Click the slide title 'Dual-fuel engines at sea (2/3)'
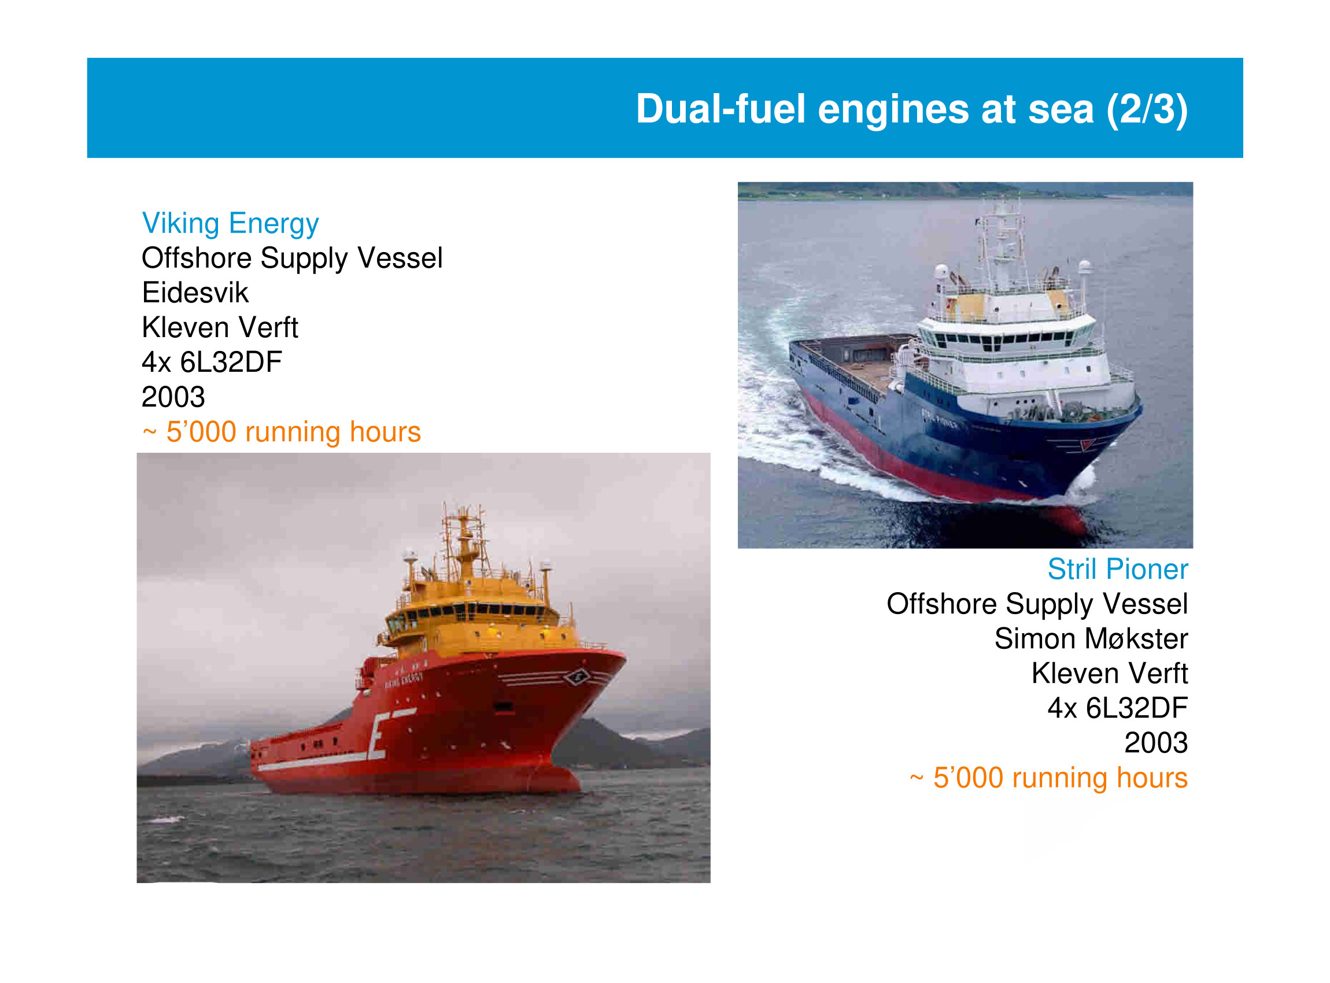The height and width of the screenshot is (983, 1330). coord(912,109)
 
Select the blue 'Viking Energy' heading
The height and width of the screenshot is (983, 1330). coord(230,224)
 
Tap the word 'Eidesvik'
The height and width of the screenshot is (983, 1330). coord(195,293)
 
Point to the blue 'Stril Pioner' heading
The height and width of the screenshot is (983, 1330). coord(1118,570)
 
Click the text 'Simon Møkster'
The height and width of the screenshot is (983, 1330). coord(1091,639)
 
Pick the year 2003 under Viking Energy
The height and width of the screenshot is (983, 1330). coord(173,397)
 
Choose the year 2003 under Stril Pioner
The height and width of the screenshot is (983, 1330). coord(1155,743)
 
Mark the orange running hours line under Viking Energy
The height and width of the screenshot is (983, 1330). coord(282,432)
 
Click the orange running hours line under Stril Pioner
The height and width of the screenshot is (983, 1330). coord(1048,778)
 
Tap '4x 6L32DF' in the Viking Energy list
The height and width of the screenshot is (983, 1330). coord(212,363)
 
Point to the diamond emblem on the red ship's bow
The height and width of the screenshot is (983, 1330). coord(577,677)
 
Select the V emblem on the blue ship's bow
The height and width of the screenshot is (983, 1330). coord(1087,445)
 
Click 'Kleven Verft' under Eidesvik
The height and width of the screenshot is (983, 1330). coord(220,328)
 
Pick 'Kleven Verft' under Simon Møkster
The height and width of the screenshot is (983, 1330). coord(1110,674)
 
